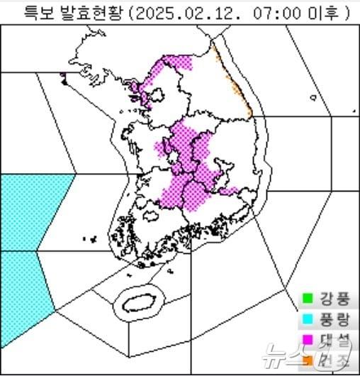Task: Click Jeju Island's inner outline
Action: point(138,302)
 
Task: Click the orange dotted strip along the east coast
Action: point(234,78)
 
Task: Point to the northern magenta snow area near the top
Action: point(174,67)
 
